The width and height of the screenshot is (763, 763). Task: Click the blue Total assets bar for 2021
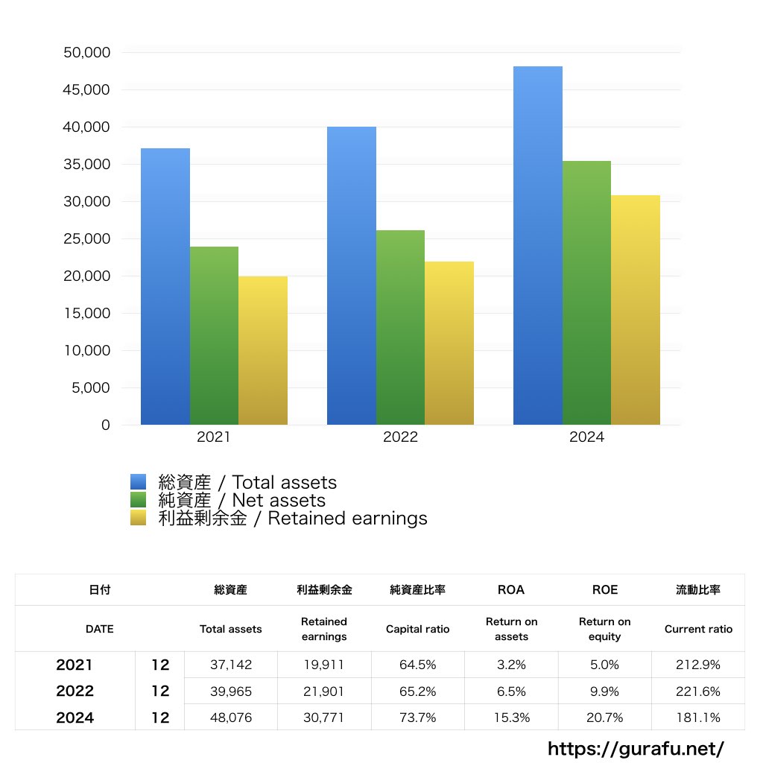165,287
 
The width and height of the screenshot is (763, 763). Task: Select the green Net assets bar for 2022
400,328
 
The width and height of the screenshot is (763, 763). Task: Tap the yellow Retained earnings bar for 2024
635,310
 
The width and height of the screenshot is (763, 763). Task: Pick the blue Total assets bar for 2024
537,246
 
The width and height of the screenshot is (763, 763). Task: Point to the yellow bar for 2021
262,350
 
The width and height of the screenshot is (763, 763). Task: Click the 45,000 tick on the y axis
88,90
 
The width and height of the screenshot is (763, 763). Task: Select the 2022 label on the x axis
400,437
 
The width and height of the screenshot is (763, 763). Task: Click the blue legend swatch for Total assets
139,482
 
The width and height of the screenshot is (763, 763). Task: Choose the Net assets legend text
242,501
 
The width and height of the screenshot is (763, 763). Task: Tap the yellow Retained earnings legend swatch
139,518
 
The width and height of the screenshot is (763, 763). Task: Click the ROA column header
510,589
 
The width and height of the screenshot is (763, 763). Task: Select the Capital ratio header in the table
417,629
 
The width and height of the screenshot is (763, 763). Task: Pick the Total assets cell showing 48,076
230,718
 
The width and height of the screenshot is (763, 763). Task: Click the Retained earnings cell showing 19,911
323,665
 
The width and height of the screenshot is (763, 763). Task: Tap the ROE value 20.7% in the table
604,718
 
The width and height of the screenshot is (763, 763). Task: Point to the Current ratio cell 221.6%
698,691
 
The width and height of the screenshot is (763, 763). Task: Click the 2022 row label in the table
75,691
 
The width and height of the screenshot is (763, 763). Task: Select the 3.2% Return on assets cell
510,665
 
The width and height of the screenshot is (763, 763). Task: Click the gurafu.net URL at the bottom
636,748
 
